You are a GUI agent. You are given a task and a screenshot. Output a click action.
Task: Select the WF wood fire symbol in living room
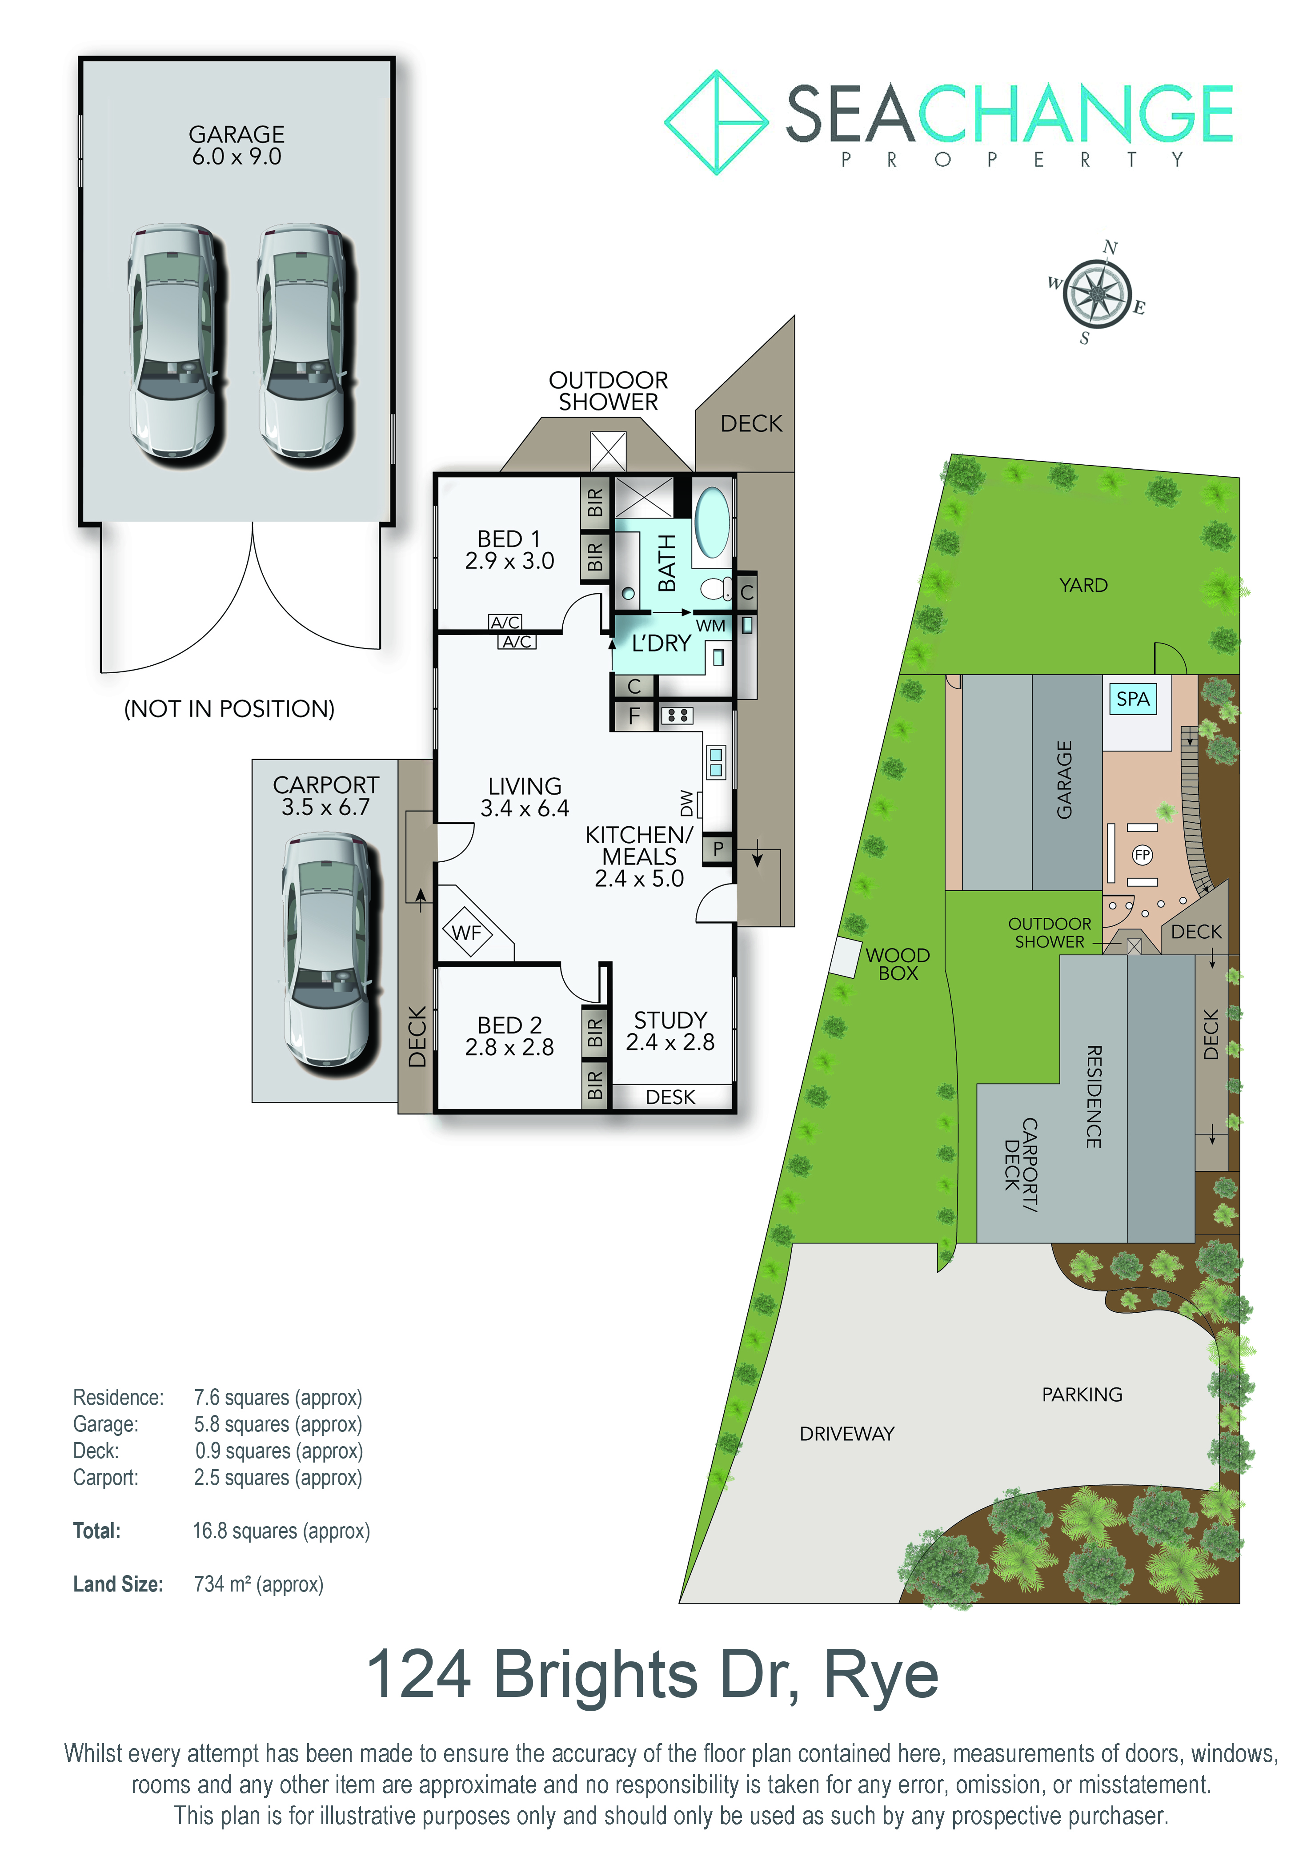[x=467, y=933]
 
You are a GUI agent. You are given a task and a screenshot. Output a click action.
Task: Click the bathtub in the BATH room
[x=712, y=522]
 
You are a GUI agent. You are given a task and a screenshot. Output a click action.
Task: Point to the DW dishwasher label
[x=686, y=803]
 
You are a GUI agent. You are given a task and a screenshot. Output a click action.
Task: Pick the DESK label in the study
[x=670, y=1097]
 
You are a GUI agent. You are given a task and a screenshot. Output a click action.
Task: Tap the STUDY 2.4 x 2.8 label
[x=670, y=1031]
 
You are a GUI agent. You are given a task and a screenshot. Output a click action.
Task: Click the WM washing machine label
[x=710, y=626]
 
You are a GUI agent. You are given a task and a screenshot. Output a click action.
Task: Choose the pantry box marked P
[x=718, y=848]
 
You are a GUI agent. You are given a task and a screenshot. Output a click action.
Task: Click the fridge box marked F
[x=634, y=716]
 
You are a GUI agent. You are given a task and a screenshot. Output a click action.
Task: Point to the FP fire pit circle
[x=1142, y=854]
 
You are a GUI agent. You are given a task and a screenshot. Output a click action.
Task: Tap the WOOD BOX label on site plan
[x=898, y=964]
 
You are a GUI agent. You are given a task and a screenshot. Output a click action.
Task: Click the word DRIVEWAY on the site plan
[x=847, y=1434]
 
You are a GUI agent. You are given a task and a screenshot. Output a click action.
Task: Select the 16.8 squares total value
[x=281, y=1531]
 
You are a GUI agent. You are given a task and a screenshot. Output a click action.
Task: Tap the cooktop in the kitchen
[x=677, y=715]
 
